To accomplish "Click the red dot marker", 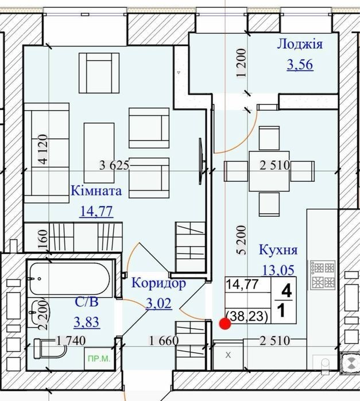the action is click(225, 324).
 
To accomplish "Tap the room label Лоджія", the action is click(300, 44).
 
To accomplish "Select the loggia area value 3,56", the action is click(300, 64).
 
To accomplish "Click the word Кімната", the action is click(96, 191).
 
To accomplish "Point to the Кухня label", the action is click(278, 250).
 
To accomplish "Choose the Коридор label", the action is click(158, 283).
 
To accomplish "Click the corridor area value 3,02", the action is click(158, 303).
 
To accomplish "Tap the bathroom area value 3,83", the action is click(87, 322).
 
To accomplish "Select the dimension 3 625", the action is click(114, 165).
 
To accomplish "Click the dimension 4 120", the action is click(42, 149).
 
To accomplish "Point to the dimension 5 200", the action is click(242, 240).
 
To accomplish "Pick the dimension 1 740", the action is click(71, 340).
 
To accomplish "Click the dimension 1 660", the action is click(164, 340).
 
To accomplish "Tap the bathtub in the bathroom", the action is click(69, 279).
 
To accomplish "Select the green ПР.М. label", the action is click(99, 359).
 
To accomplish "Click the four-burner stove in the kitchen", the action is click(323, 275).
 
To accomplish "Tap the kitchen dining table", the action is click(269, 172).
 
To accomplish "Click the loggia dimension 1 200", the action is click(242, 63).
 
